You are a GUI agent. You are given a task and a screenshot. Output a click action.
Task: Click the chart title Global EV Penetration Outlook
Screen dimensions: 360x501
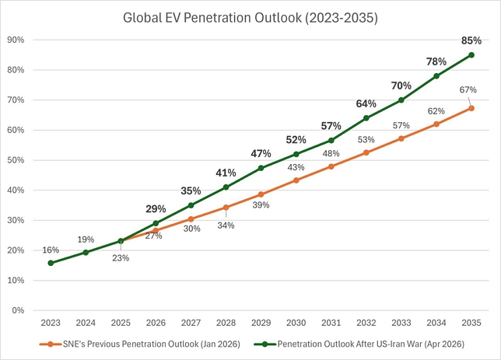(250, 18)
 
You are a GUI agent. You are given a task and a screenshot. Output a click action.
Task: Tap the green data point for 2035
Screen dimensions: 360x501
(471, 54)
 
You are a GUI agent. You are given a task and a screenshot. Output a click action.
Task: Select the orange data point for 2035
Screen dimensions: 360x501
(471, 108)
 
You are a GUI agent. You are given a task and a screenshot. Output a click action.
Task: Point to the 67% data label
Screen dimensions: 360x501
(468, 89)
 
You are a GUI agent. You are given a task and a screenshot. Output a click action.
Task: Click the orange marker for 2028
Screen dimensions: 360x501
(226, 208)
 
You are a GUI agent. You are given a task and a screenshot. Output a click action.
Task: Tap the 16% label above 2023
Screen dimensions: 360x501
(51, 250)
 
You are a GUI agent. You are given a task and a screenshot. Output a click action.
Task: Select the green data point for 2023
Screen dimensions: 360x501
(51, 263)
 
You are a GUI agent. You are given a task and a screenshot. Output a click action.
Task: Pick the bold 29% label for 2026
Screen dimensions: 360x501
(155, 209)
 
